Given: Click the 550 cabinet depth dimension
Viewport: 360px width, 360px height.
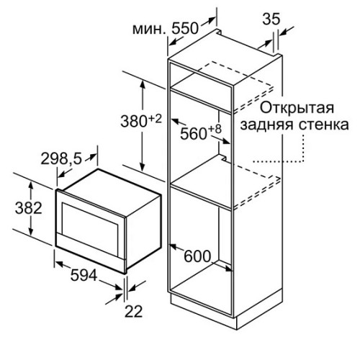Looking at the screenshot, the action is (x=185, y=29).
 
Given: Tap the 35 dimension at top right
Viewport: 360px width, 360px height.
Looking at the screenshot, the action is (x=271, y=19).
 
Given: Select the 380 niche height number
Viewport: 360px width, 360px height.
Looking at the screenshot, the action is (x=133, y=122).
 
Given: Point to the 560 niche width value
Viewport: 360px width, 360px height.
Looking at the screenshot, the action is (x=194, y=134).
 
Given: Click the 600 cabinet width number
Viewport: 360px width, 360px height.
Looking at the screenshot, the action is (x=197, y=256).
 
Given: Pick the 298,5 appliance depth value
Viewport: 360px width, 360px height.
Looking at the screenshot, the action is (x=61, y=158).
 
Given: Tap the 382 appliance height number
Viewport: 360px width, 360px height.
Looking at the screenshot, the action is (x=29, y=208).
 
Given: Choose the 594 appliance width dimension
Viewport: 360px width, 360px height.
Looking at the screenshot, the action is (x=84, y=275).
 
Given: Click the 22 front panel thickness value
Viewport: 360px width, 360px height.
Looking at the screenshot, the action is (x=134, y=311).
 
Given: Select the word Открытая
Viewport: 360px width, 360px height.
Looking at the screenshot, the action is (x=297, y=108).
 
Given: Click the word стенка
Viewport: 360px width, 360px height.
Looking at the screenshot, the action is (x=324, y=125).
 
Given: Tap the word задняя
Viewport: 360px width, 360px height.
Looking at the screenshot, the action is (x=267, y=125).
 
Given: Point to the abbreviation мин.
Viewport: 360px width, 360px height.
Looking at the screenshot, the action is (x=148, y=29).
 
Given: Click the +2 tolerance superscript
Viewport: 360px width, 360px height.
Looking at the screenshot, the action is (x=156, y=119).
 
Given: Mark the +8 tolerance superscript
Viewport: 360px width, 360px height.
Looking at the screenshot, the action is (x=215, y=129).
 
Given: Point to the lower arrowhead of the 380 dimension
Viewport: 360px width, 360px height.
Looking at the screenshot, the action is (x=143, y=167).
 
